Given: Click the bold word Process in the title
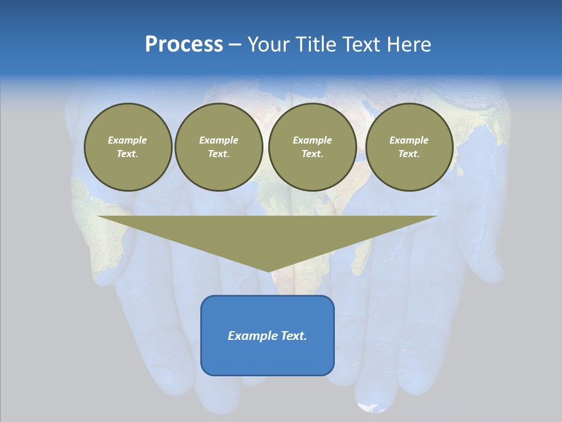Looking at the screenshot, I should (x=184, y=45).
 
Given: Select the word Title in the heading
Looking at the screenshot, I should (x=317, y=45).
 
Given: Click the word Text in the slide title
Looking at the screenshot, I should (x=361, y=45).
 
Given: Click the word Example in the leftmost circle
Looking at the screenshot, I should (x=128, y=140).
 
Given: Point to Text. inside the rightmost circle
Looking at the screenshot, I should (x=409, y=154).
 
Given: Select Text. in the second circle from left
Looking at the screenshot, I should (x=218, y=154).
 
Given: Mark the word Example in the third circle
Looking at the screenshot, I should (x=312, y=140).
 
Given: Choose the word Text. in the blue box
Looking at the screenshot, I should (x=293, y=336).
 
